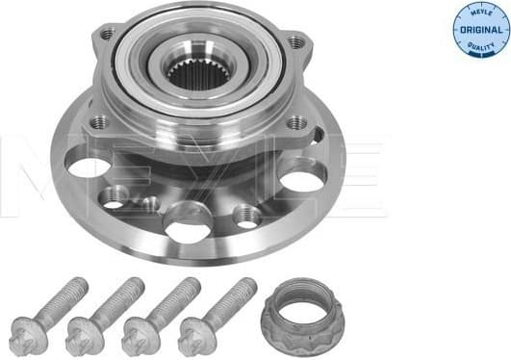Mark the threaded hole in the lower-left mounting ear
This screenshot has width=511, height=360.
[98, 121]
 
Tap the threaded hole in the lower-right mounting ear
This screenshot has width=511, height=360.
[294, 124]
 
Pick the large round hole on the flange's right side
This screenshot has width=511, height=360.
[301, 177]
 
